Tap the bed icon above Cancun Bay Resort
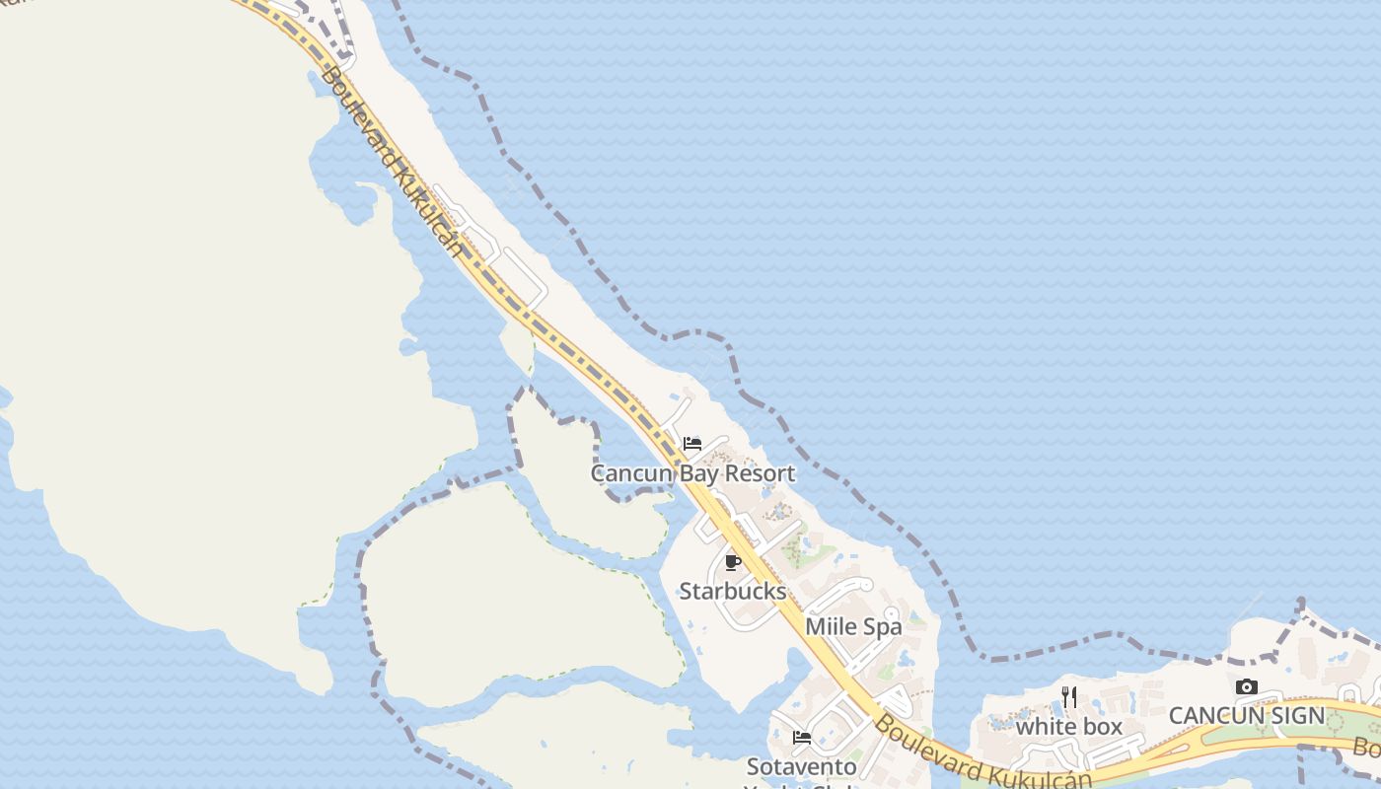[x=692, y=444]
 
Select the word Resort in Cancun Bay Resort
[x=760, y=473]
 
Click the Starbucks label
[x=733, y=592]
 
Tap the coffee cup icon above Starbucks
[x=732, y=563]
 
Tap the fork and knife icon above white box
[x=1069, y=696]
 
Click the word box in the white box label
[x=1102, y=727]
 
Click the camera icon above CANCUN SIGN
[x=1247, y=686]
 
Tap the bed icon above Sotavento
[x=802, y=737]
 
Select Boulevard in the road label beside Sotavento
[x=917, y=746]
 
